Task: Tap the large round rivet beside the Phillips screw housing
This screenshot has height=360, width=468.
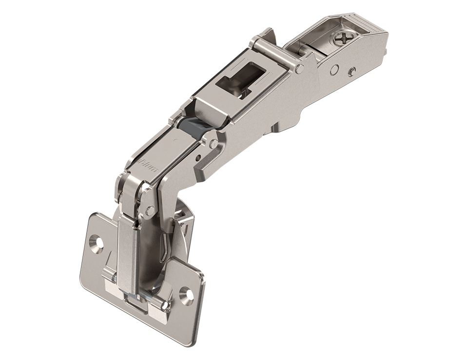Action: click(334, 70)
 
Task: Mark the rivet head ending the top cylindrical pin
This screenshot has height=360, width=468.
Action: click(299, 69)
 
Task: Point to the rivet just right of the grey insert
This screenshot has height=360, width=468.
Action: click(213, 143)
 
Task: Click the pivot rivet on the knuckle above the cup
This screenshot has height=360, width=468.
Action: click(150, 210)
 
